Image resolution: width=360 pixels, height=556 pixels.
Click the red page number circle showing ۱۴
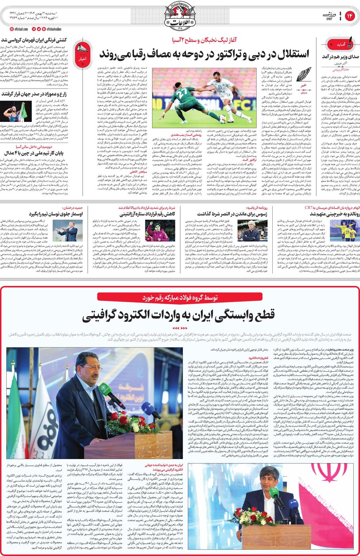click(x=350, y=16)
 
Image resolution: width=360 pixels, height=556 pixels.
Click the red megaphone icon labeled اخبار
click(x=82, y=51)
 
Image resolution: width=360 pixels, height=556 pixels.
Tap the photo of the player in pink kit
click(x=158, y=231)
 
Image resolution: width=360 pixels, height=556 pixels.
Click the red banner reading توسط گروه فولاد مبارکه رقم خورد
click(x=180, y=297)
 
